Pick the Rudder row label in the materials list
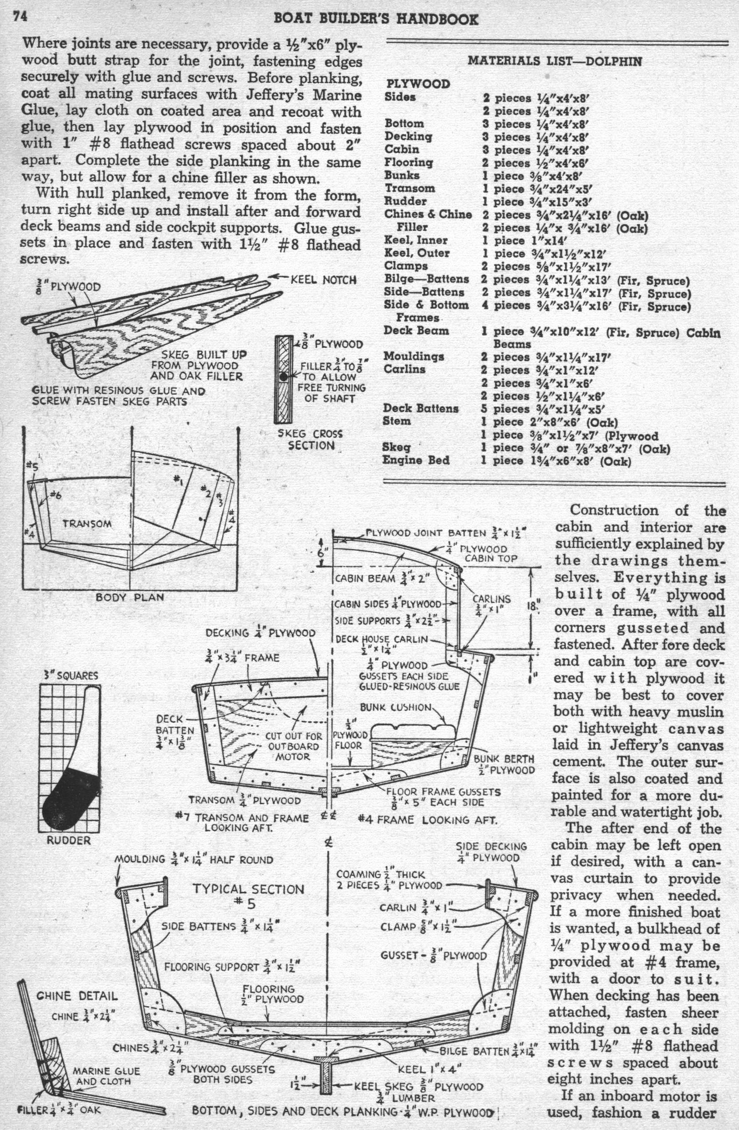click(x=406, y=202)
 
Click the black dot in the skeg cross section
click(x=284, y=376)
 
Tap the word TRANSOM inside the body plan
click(x=87, y=524)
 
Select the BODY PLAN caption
click(x=130, y=597)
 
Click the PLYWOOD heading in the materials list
click(x=418, y=84)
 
